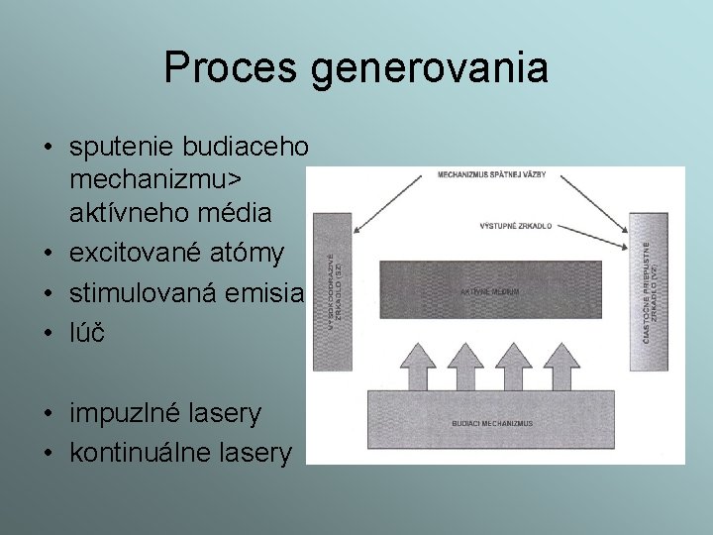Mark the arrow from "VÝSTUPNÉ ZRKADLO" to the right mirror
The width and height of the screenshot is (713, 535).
594,234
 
